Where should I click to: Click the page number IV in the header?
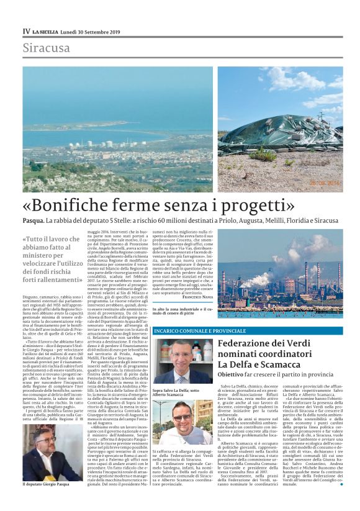point(26,31)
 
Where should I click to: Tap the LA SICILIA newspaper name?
point(45,32)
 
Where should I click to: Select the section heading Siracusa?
point(47,48)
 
